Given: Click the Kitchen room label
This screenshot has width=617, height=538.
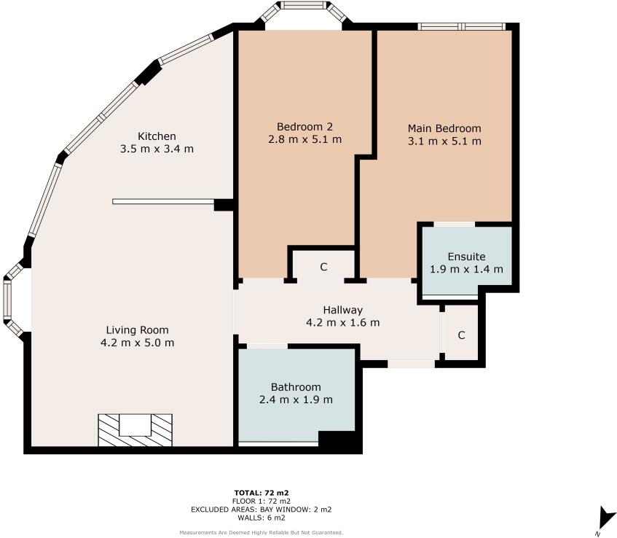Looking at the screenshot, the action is point(157,136).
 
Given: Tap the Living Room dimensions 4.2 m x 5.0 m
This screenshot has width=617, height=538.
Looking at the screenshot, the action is point(138,343).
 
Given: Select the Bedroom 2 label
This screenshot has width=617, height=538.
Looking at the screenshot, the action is point(305,127).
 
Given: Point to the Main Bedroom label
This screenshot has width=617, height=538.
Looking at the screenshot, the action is point(444,128).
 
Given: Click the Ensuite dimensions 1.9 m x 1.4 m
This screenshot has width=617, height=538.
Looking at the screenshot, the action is point(466,270).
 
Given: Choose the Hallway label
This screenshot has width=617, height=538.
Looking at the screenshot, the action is point(342,310).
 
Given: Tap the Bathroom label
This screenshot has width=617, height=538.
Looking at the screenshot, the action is point(296,387).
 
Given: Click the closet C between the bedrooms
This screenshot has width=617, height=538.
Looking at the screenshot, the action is point(323,267).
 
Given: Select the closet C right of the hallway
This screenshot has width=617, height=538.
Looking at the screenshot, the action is point(462,335).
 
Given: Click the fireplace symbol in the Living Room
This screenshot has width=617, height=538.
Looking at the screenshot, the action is point(135,430).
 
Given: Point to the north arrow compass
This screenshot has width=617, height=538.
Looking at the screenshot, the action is point(606,519).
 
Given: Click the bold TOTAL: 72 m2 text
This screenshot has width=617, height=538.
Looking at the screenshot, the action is point(262,493).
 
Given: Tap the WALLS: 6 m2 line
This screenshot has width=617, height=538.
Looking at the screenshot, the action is point(262,518).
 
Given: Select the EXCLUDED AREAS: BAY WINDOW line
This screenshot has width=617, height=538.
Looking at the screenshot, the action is point(262,510).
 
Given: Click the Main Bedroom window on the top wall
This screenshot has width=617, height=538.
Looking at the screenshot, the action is point(461,27).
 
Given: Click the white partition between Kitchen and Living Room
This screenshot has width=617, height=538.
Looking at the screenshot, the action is point(164,202).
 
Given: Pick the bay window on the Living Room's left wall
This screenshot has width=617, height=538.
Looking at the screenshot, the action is point(14,299).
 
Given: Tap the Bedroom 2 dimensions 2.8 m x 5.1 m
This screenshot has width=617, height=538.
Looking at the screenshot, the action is point(305,139).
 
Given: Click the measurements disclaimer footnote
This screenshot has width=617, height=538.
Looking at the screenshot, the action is point(262,533).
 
